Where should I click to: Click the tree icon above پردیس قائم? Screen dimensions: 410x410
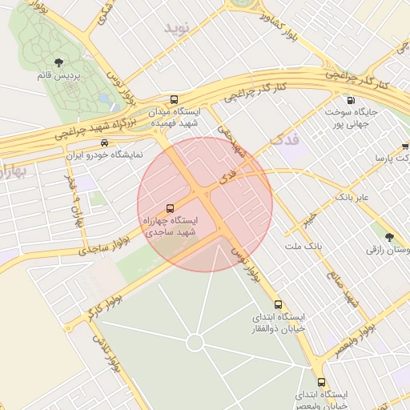tap(58, 62)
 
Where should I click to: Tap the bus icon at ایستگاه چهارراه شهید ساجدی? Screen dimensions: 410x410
tap(169, 207)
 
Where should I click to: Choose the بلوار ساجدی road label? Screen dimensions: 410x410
tap(104, 245)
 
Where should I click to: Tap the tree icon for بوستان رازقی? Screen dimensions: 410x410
tap(389, 237)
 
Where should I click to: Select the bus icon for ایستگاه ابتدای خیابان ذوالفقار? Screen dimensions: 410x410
tap(279, 304)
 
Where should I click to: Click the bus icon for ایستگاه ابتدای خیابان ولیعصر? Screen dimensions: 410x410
tap(321, 382)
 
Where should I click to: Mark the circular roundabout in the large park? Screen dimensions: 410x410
tap(194, 343)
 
